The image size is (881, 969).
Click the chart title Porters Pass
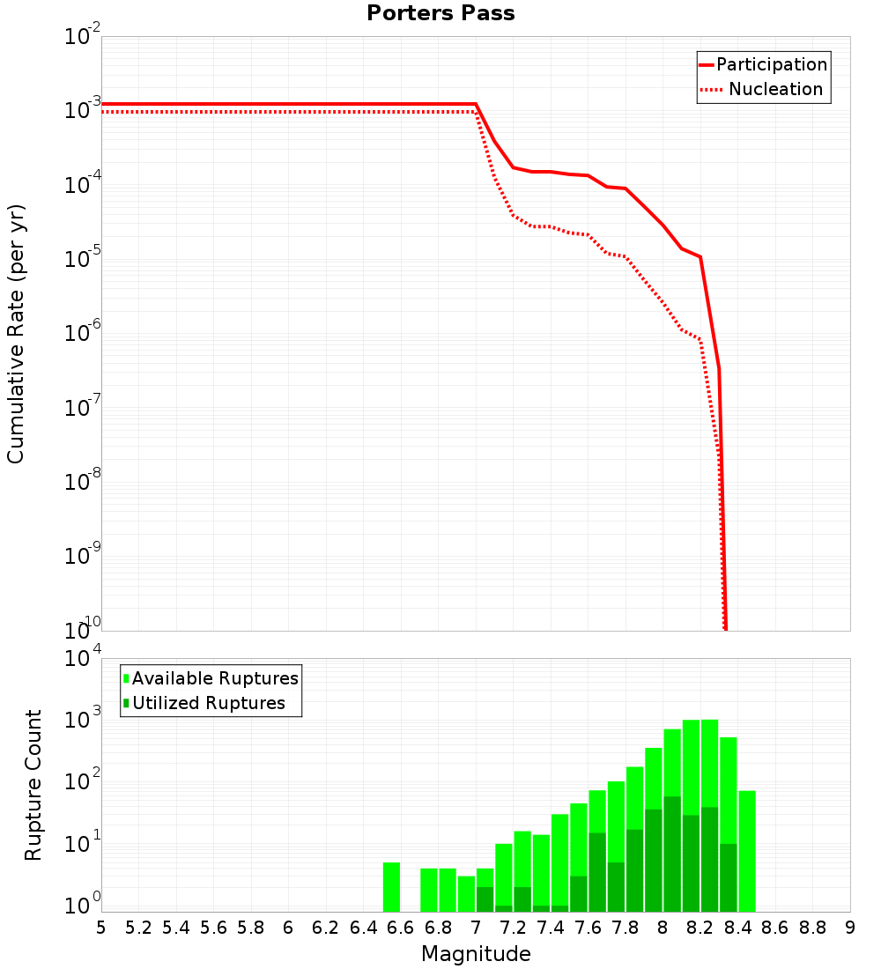click(440, 13)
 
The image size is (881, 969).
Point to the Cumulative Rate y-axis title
click(17, 334)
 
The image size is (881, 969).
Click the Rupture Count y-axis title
click(33, 785)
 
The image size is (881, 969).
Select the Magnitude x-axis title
click(476, 954)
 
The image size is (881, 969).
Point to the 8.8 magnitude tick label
click(812, 928)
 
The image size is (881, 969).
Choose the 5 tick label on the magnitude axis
click(101, 928)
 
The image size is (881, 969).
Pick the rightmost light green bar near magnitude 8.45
click(747, 851)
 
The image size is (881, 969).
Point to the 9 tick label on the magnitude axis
click(850, 928)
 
